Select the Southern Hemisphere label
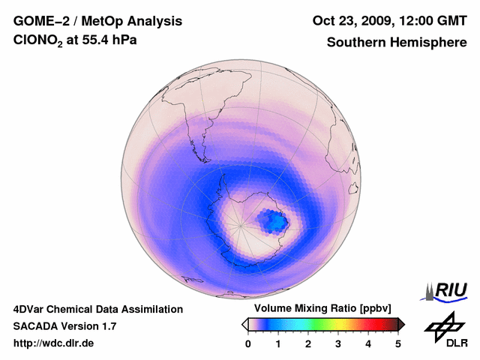tap(397, 42)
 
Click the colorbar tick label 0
tap(248, 343)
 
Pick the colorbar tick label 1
tap(278, 343)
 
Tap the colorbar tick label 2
tap(308, 343)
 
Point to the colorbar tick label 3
tap(338, 343)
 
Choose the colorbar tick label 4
tap(368, 343)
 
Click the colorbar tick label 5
tap(398, 343)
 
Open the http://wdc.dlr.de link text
tap(54, 343)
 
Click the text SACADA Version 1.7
tap(64, 326)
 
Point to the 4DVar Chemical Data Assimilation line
tap(97, 309)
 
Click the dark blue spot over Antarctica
tap(273, 221)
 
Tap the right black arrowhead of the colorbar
tap(401, 324)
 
